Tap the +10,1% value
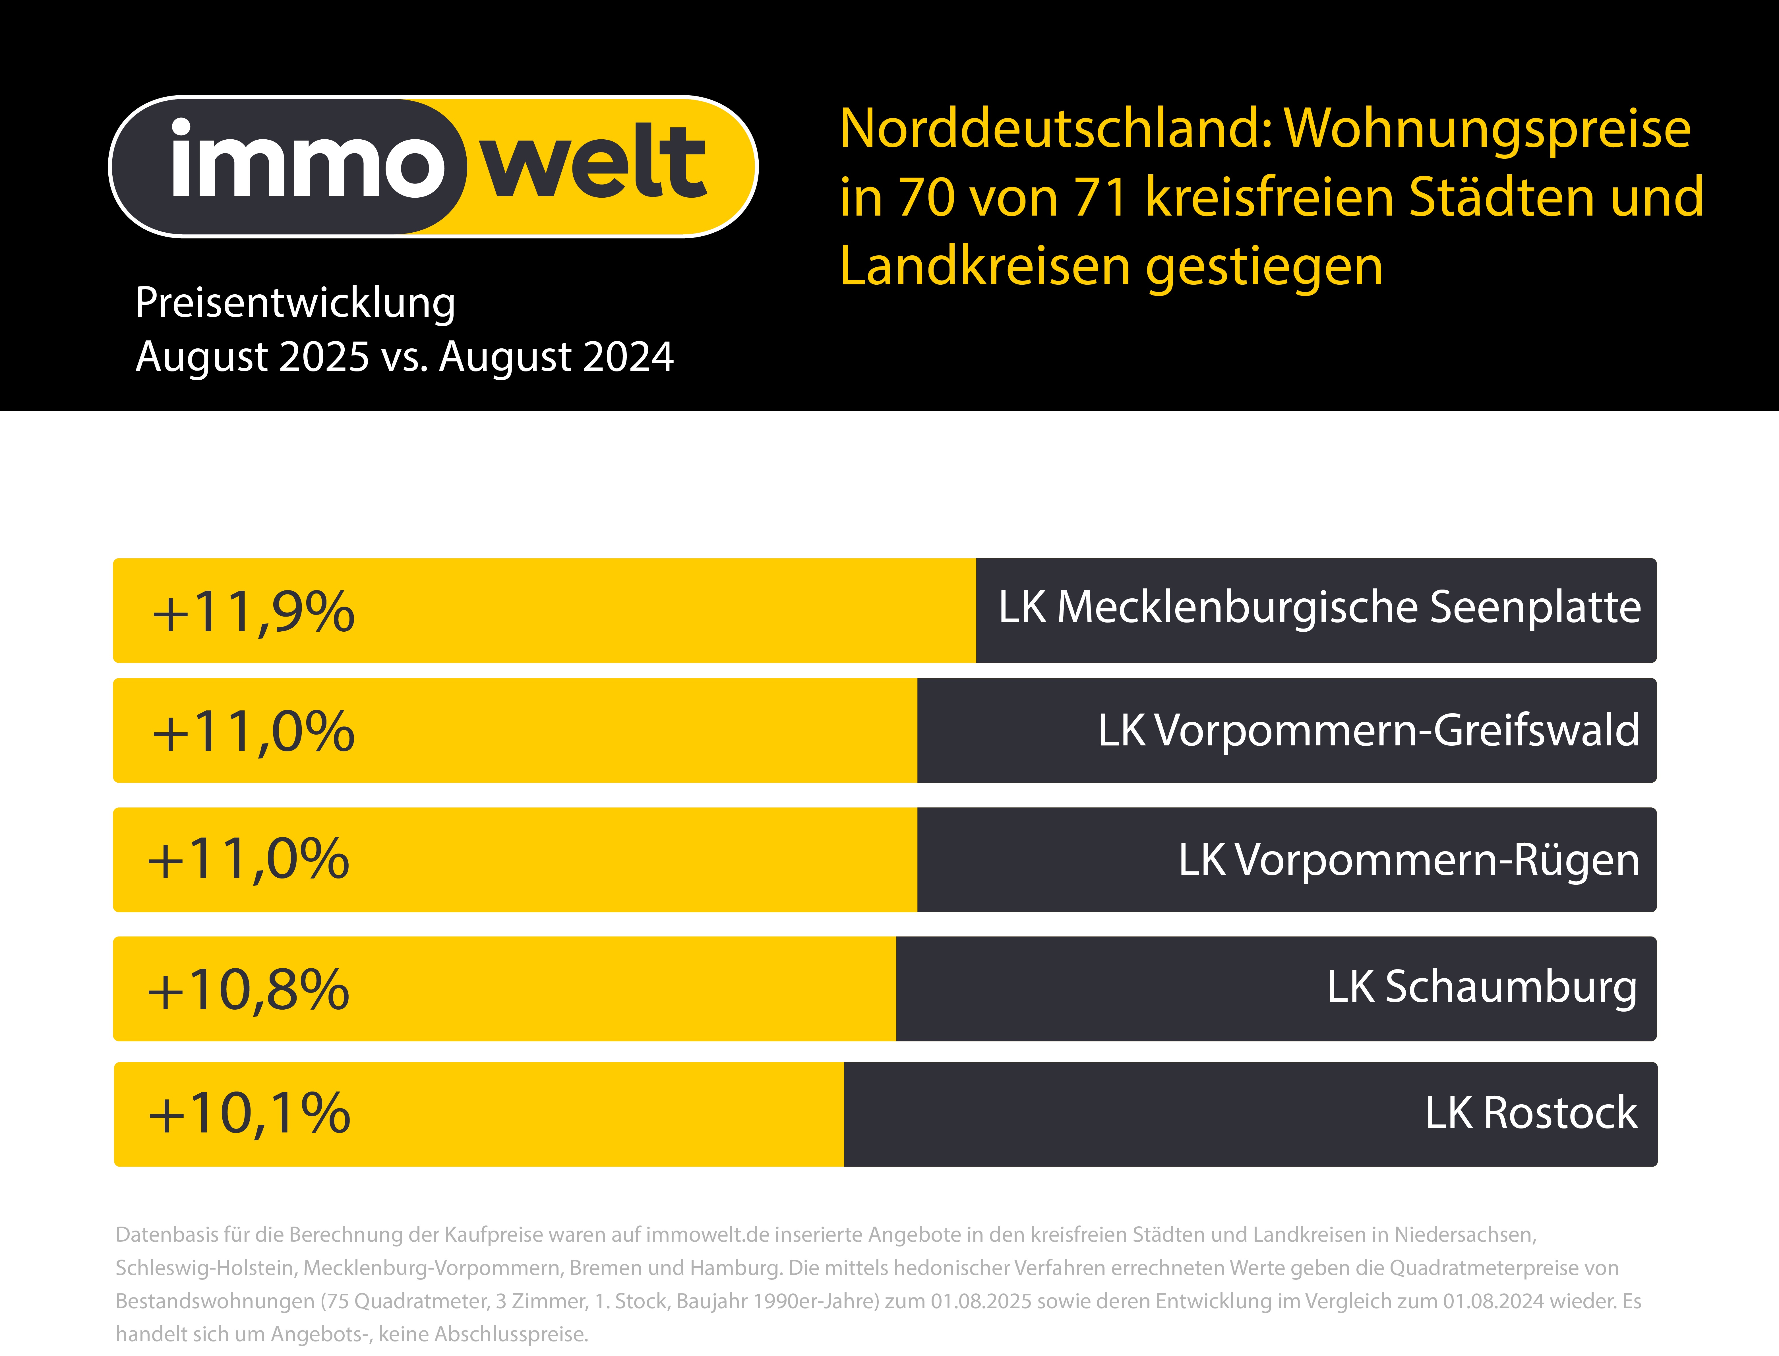[x=249, y=1114]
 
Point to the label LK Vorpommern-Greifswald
[x=1368, y=730]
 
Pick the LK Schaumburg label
[x=1482, y=987]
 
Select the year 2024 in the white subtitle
[x=627, y=357]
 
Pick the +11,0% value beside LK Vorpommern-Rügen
[x=248, y=860]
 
